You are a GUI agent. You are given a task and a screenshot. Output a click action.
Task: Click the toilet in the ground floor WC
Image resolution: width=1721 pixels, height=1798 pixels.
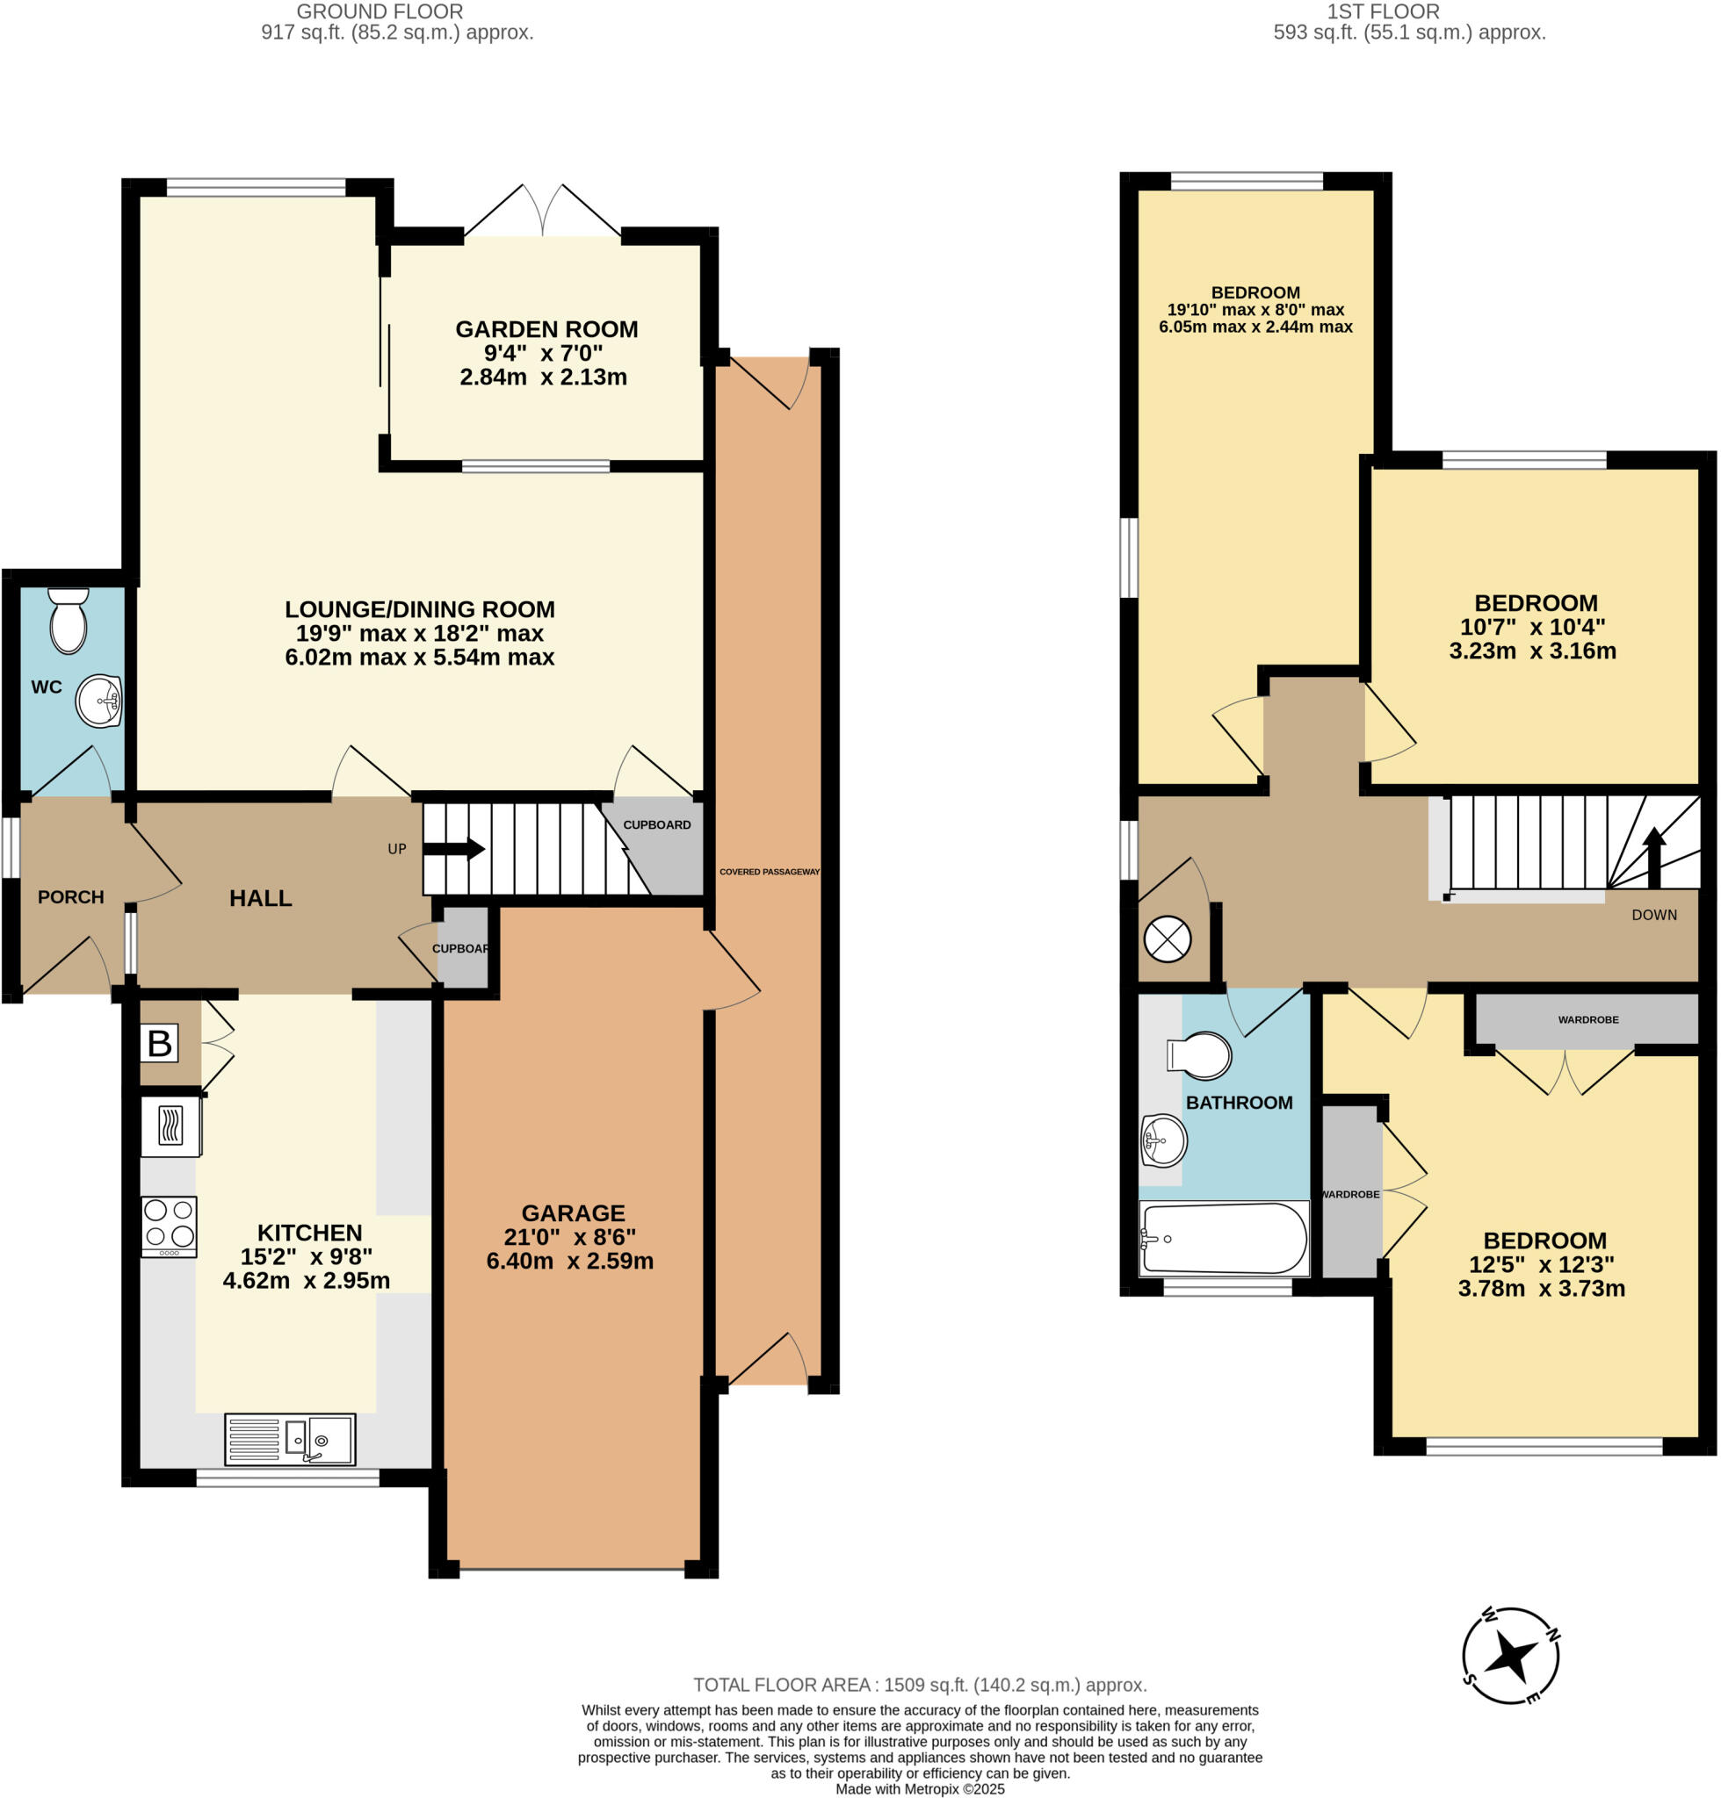pyautogui.click(x=68, y=621)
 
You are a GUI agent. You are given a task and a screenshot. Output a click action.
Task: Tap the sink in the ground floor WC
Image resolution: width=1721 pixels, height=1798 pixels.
pyautogui.click(x=99, y=701)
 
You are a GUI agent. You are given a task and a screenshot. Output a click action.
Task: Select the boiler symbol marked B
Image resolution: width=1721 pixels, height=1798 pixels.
pyautogui.click(x=159, y=1043)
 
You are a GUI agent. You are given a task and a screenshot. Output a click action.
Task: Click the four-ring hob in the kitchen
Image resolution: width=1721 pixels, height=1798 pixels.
pyautogui.click(x=169, y=1226)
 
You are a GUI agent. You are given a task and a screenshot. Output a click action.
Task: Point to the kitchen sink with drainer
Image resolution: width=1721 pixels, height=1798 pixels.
pyautogui.click(x=290, y=1440)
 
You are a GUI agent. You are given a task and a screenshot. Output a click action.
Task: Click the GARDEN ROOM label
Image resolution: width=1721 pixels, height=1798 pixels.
pyautogui.click(x=546, y=329)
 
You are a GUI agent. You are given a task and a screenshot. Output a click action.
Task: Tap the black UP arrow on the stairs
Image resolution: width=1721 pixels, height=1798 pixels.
pyautogui.click(x=454, y=848)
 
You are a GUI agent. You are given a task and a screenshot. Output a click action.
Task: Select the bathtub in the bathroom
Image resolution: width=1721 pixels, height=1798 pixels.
pyautogui.click(x=1223, y=1240)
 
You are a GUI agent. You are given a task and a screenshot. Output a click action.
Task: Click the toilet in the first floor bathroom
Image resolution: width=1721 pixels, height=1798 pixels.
pyautogui.click(x=1200, y=1056)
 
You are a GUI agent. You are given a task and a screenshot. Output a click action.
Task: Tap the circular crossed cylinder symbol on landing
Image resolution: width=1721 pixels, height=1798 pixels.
pyautogui.click(x=1167, y=939)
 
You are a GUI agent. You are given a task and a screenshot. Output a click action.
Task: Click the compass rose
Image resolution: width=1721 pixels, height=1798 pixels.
pyautogui.click(x=1510, y=1656)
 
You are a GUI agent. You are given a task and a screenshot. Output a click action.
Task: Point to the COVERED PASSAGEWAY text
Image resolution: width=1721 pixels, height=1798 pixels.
pyautogui.click(x=769, y=872)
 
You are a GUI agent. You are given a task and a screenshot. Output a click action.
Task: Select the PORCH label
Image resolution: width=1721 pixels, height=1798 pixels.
pyautogui.click(x=70, y=897)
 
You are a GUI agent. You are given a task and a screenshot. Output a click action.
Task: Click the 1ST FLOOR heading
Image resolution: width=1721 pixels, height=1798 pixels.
pyautogui.click(x=1383, y=12)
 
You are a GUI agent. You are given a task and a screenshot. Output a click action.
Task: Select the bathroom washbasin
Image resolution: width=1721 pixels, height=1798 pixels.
pyautogui.click(x=1164, y=1140)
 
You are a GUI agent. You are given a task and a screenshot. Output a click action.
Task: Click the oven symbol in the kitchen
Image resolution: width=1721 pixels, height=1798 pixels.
pyautogui.click(x=170, y=1127)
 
